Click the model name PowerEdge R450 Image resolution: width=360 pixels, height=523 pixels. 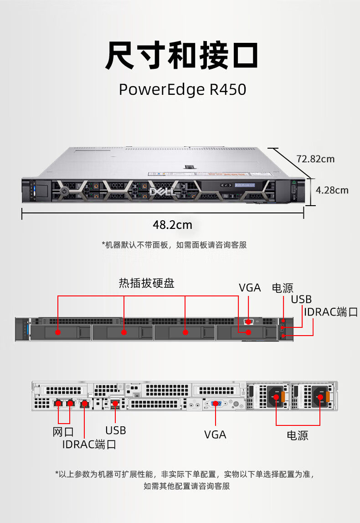(x=182, y=89)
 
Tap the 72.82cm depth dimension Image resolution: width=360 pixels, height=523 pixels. (x=315, y=159)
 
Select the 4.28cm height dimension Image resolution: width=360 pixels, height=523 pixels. (x=332, y=190)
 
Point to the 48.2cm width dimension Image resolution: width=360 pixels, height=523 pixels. (x=172, y=225)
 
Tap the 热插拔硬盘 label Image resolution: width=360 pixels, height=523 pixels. (x=147, y=283)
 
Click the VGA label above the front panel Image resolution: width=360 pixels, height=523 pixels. (x=250, y=288)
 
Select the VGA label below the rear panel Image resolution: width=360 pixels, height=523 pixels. (x=215, y=435)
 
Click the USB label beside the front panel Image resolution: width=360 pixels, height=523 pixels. (x=301, y=299)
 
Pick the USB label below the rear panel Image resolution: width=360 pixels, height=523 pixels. (x=116, y=430)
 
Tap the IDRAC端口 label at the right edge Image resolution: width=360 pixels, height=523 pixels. (x=331, y=312)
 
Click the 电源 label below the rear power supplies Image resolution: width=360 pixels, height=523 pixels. (x=298, y=435)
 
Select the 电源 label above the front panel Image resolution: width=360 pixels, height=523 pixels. (x=283, y=288)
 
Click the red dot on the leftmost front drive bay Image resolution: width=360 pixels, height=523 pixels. (x=58, y=332)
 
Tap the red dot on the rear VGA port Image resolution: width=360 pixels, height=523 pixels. (x=215, y=404)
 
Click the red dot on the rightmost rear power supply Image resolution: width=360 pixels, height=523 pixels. (x=320, y=398)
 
